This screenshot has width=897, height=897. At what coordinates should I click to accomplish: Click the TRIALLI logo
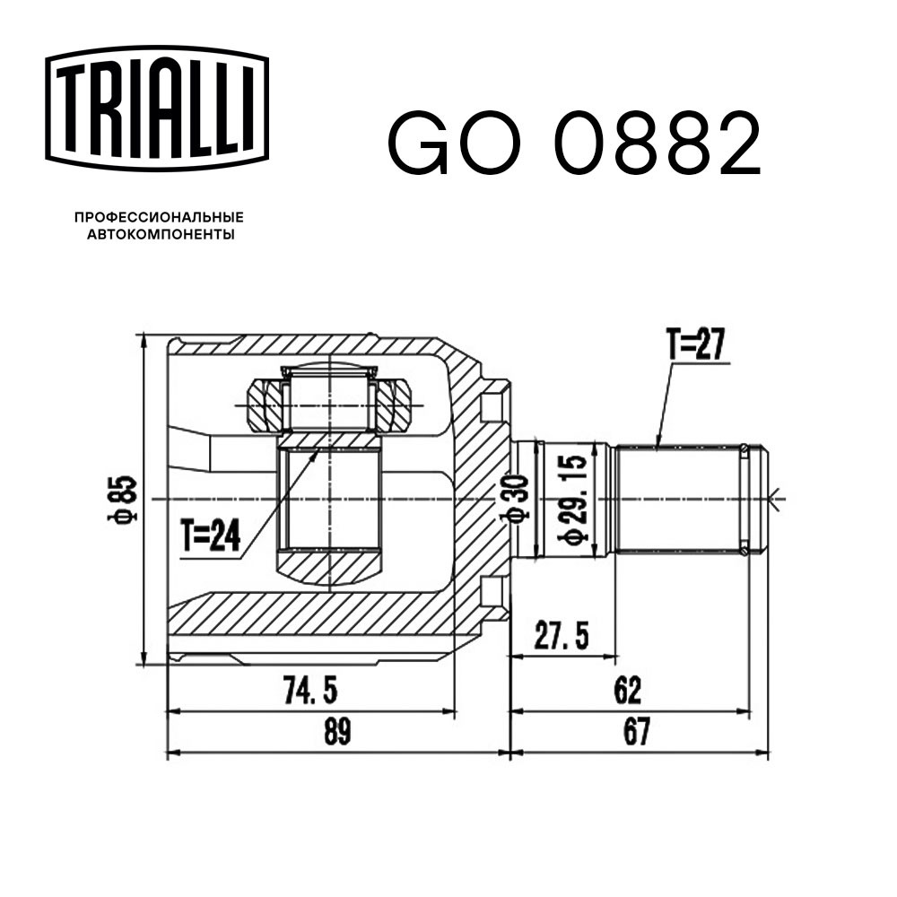click(157, 109)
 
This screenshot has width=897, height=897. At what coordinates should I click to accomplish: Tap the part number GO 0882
click(574, 144)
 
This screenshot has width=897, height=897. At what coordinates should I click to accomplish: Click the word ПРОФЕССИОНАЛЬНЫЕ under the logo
click(159, 217)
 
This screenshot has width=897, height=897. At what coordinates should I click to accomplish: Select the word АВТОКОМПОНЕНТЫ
click(161, 234)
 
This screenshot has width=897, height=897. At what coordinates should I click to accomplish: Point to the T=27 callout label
click(696, 344)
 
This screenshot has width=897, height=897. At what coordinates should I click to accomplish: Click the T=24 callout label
click(210, 536)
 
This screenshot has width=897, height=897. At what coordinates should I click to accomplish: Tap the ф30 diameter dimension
click(514, 498)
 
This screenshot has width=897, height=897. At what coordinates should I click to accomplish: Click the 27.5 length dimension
click(562, 635)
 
